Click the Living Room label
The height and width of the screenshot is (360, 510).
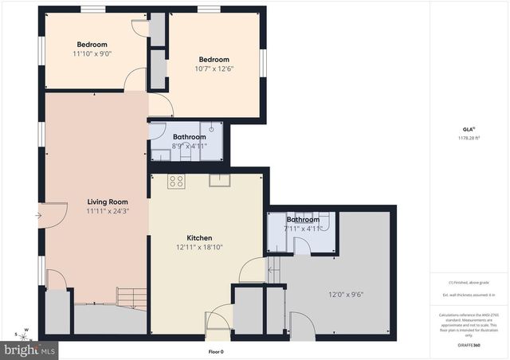click(108, 202)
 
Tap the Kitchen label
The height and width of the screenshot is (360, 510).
click(198, 238)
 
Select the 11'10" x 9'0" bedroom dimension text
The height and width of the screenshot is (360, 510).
click(92, 54)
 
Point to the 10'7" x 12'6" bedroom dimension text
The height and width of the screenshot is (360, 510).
click(214, 69)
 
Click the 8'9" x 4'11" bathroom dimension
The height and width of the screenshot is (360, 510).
click(190, 146)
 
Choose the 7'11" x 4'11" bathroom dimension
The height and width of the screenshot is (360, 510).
click(303, 229)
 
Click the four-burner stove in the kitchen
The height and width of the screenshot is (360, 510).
click(176, 182)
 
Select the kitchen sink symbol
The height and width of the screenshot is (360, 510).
click(219, 180)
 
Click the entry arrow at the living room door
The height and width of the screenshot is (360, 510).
click(39, 214)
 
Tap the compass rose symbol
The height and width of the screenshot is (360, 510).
click(23, 333)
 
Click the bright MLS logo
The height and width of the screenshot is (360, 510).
click(29, 349)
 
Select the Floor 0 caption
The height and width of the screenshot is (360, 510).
click(215, 351)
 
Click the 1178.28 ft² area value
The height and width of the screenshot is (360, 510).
click(469, 138)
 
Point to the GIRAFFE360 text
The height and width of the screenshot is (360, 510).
click(469, 345)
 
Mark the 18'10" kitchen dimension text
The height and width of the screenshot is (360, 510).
click(211, 247)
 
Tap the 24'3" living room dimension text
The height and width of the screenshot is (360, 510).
click(120, 212)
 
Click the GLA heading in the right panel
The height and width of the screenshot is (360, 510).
click(469, 128)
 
